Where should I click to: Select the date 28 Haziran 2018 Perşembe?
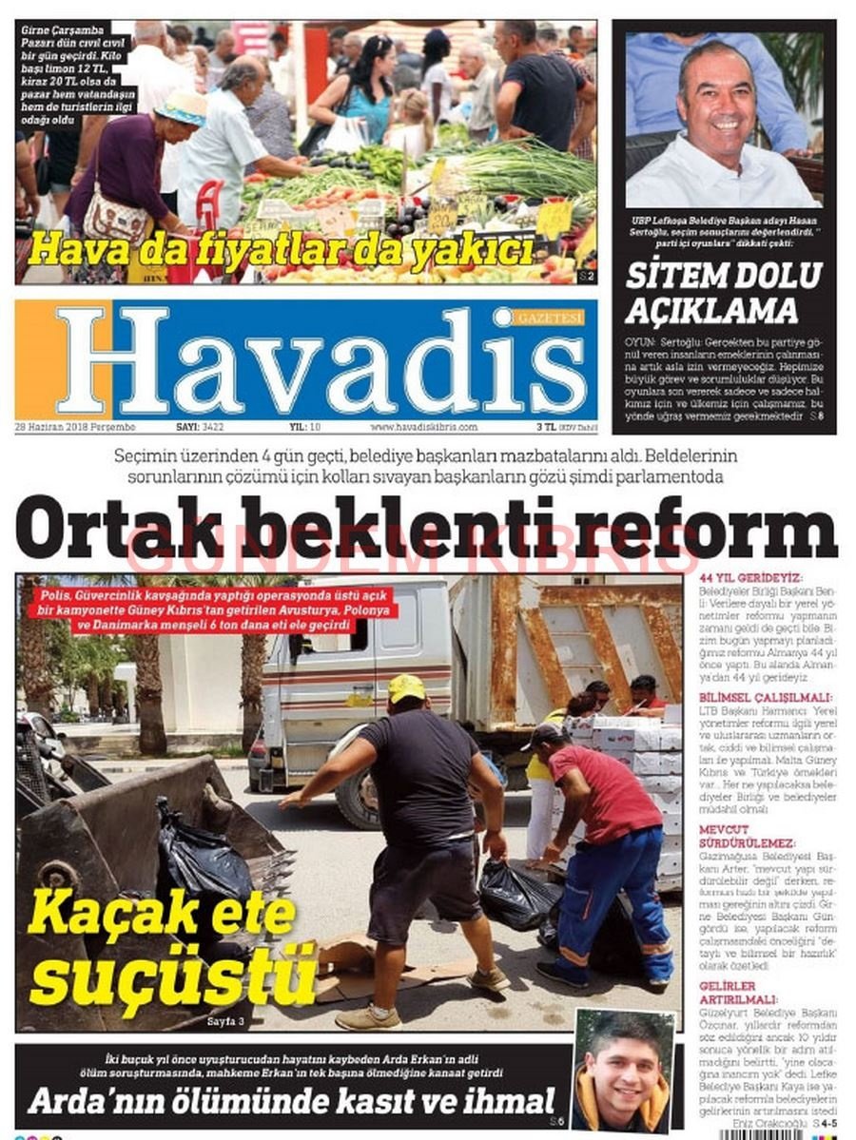tap(76, 427)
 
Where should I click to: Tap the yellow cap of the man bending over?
tap(407, 687)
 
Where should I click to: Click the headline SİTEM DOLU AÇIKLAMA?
tap(723, 293)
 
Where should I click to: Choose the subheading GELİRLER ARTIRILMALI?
tap(728, 993)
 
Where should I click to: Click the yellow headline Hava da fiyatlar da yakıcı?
tap(281, 251)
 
